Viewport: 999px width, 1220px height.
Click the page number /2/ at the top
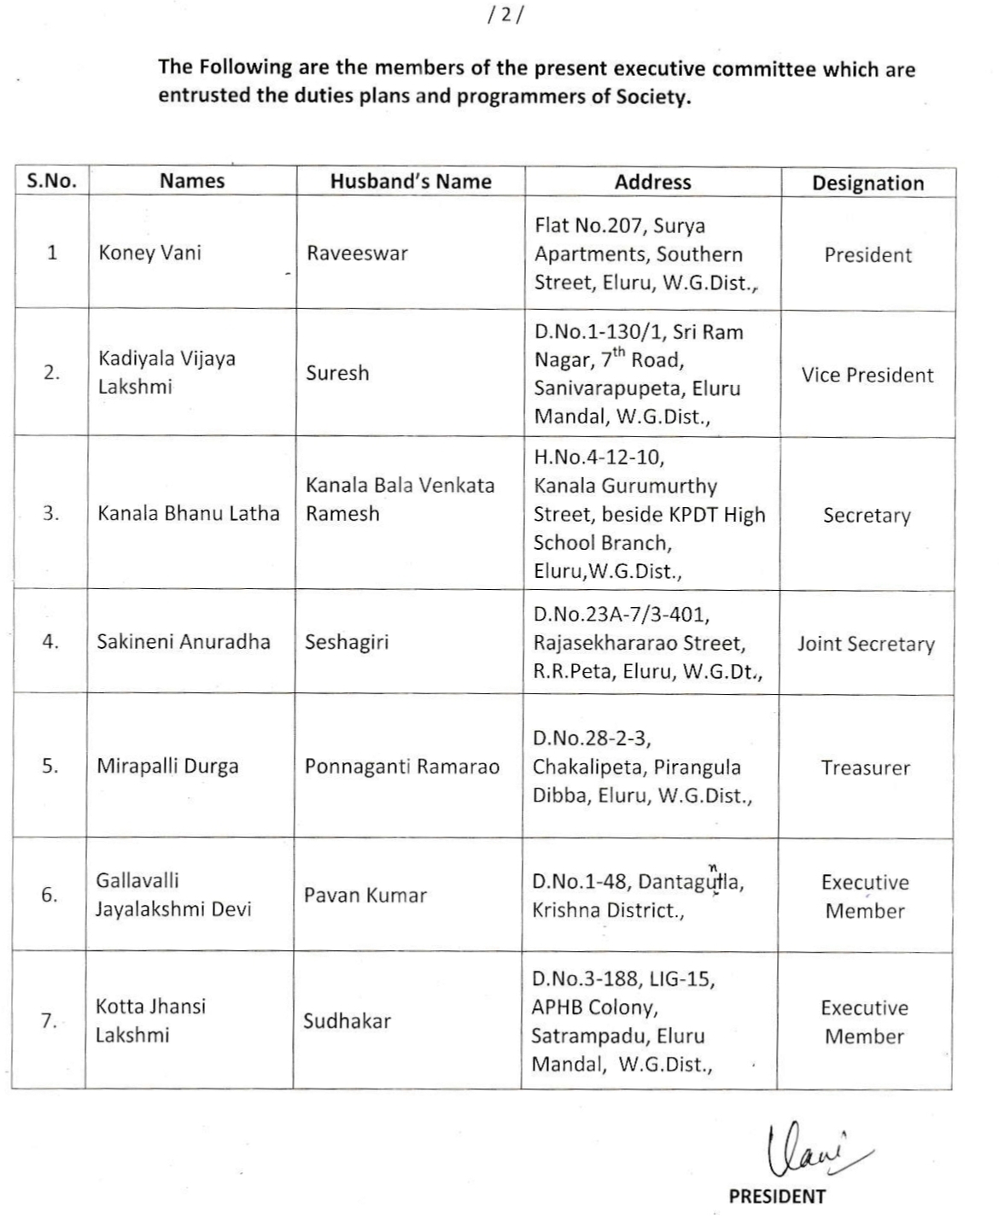(501, 15)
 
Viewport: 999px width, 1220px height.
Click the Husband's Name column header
(411, 181)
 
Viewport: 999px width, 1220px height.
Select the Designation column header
(868, 183)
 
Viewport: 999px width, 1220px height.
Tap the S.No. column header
(51, 181)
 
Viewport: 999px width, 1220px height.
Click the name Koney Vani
(149, 253)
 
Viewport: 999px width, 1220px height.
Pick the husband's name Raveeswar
(357, 254)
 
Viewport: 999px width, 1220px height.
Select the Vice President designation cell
(867, 375)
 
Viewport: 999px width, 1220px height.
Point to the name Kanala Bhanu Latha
(189, 513)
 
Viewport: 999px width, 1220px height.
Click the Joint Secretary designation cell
(866, 644)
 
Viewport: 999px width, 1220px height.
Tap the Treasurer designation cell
(866, 768)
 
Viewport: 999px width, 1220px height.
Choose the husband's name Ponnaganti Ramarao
(402, 766)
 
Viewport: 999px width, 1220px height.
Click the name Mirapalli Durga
(167, 766)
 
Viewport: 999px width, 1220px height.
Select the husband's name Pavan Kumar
(365, 895)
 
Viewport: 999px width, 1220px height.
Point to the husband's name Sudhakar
(347, 1020)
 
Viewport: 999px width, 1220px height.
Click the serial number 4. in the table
(50, 642)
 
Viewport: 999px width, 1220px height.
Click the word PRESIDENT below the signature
(777, 1196)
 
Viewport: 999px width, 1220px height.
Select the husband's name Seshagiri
(347, 642)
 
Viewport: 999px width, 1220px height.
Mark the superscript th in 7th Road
(619, 352)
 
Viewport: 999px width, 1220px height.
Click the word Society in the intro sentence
(652, 96)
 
